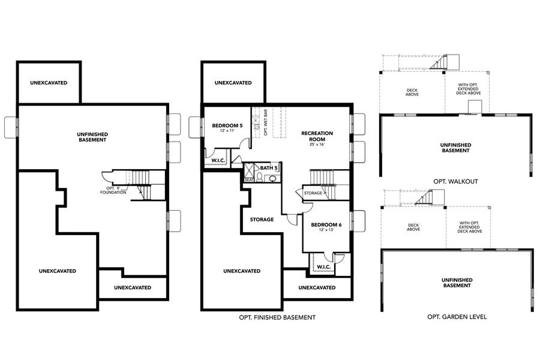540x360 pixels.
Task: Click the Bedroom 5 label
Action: click(227, 125)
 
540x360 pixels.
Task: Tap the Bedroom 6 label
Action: click(326, 224)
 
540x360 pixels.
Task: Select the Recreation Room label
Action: click(317, 136)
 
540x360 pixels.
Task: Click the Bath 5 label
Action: click(269, 168)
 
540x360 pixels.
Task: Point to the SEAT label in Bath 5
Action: click(248, 179)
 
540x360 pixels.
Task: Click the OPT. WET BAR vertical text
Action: click(266, 123)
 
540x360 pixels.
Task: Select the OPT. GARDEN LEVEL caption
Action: click(456, 316)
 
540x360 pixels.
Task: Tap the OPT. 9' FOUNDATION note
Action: click(113, 190)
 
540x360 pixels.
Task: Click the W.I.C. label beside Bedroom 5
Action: click(218, 160)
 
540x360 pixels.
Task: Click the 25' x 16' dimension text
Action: click(317, 145)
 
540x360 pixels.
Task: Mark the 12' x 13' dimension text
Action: click(326, 231)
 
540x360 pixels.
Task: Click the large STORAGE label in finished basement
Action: click(262, 220)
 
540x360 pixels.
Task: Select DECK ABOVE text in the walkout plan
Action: click(412, 92)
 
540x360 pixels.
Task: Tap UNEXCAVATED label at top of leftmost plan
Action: click(49, 83)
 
